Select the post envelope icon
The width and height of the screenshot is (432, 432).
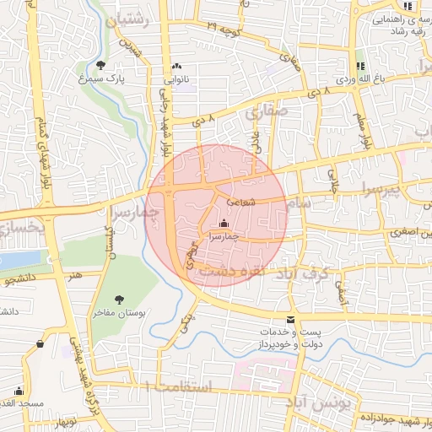coord(291,320)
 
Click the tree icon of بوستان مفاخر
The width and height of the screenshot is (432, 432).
coord(119,299)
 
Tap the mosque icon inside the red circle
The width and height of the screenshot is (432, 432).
coord(223,224)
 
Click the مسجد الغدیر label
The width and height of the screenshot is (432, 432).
coord(23,404)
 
